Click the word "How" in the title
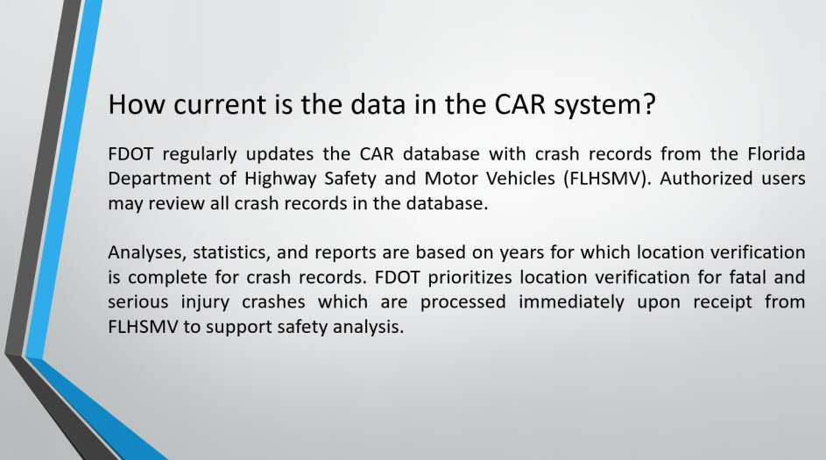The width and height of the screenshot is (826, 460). point(137,103)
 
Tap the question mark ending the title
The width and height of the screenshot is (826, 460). point(649,103)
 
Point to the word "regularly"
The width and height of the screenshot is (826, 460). point(200,155)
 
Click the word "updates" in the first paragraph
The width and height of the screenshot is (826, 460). point(279,155)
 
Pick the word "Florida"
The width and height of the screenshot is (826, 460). point(776,154)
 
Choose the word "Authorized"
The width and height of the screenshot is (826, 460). point(706,179)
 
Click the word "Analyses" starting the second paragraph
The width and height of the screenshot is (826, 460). point(147,253)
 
